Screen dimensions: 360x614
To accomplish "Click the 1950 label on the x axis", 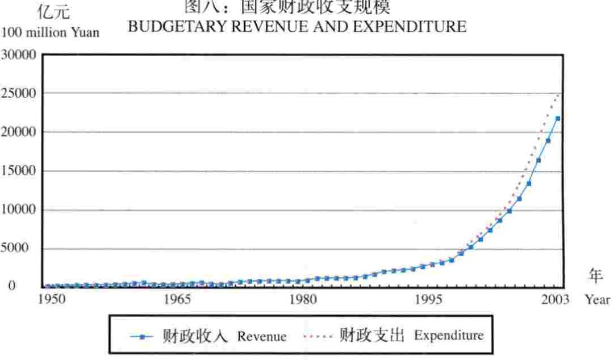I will click(55, 299).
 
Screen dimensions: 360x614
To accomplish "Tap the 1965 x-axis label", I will click(178, 299).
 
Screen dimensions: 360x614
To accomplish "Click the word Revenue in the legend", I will click(262, 336).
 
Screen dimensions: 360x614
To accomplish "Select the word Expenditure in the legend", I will click(449, 336).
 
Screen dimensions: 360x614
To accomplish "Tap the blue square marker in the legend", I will click(141, 336).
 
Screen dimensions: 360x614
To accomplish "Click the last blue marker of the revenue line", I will click(558, 119).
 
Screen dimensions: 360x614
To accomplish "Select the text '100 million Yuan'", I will click(51, 32).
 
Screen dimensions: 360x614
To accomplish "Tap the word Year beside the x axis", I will click(597, 299).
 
